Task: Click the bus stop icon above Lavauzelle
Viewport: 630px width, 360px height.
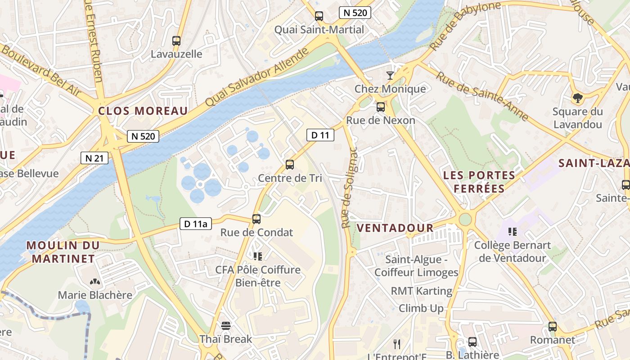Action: pos(176,41)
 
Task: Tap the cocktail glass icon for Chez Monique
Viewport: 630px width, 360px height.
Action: pos(390,75)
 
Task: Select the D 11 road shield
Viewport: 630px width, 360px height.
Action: pos(320,135)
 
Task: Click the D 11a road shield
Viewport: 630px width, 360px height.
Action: pos(196,224)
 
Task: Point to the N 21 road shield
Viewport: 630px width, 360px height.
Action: pos(94,158)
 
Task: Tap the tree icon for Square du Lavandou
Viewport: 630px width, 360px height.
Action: pos(577,98)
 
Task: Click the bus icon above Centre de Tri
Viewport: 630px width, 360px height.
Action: pos(290,165)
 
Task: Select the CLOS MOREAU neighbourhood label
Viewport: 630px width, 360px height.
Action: pos(143,111)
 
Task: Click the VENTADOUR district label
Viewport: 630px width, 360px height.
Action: pos(395,228)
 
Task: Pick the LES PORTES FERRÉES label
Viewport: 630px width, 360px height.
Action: pos(479,181)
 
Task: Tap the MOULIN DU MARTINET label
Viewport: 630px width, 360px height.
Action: pos(63,252)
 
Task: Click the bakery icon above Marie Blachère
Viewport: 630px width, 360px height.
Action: pos(95,282)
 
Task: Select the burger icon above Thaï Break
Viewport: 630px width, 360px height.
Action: pos(226,325)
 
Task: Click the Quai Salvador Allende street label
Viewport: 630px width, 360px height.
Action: pos(257,77)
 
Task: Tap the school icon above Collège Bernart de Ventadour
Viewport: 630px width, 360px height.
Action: pos(512,232)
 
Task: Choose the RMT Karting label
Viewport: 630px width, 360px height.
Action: pos(421,291)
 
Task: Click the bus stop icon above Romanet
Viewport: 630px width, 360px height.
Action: pos(553,327)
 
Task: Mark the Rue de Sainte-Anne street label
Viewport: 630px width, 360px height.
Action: pos(482,97)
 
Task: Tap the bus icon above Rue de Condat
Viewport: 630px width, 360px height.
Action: pos(256,219)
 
